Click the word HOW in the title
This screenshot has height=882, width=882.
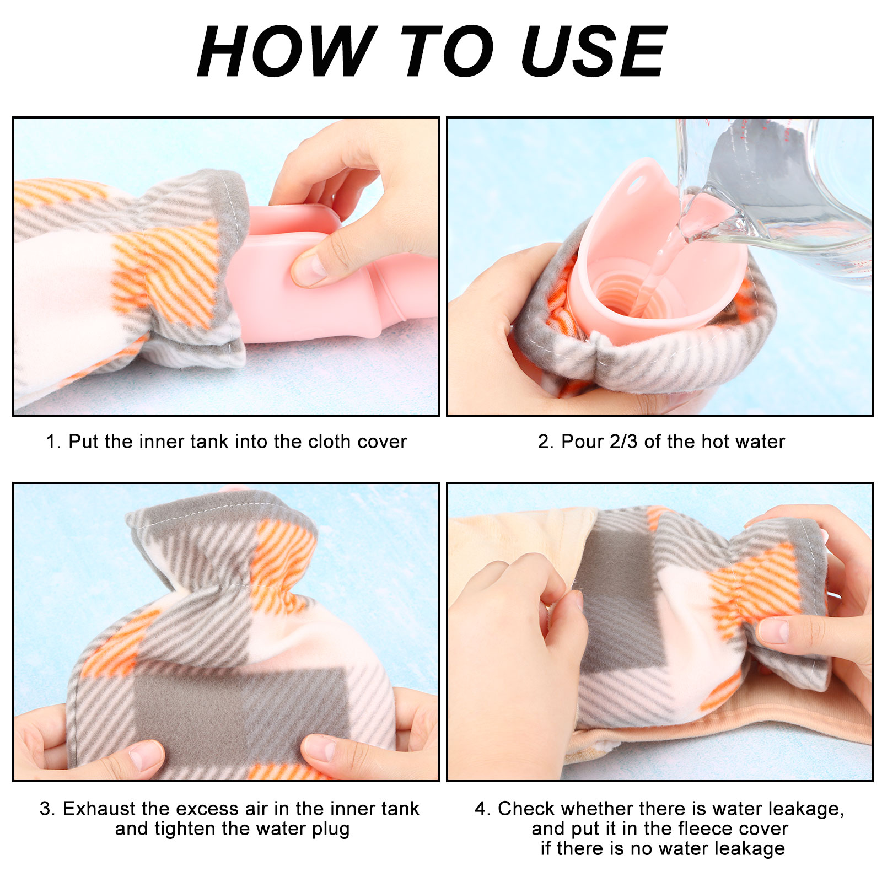(287, 51)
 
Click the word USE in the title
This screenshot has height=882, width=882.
(594, 51)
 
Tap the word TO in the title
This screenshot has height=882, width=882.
(447, 51)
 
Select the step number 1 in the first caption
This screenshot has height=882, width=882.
(52, 442)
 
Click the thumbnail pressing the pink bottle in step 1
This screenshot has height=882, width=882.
(310, 267)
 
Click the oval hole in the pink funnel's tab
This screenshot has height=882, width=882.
(638, 182)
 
